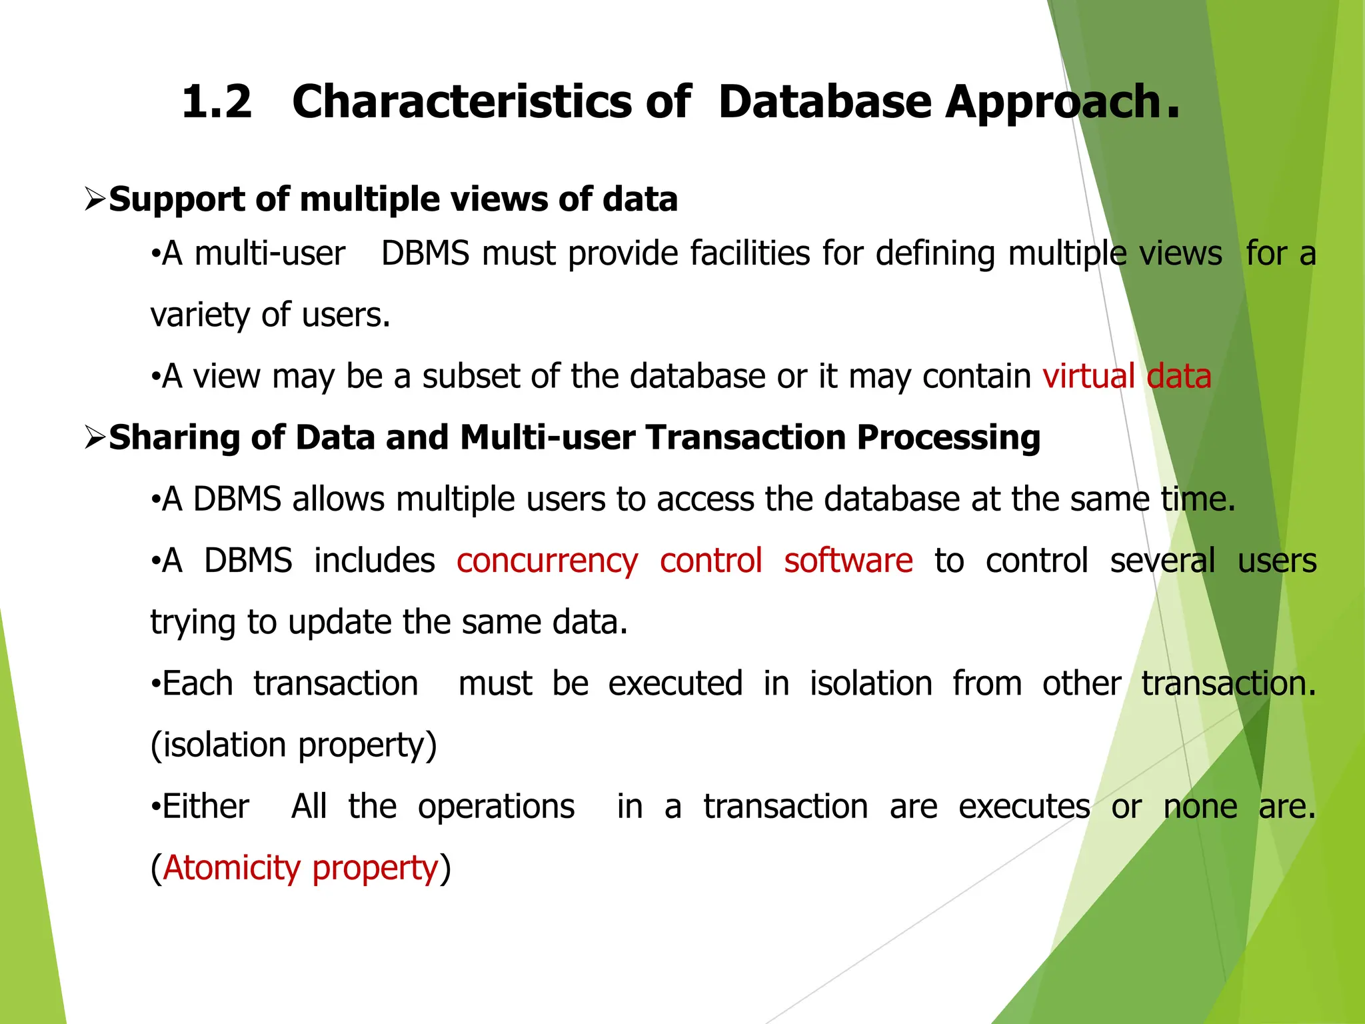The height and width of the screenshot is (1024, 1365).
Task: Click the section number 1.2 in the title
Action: (x=217, y=102)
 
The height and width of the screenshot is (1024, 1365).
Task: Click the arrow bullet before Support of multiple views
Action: (x=96, y=199)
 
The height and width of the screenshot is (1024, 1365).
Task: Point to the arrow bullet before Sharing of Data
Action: (x=96, y=437)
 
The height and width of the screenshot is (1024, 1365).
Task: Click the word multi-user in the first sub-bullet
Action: (x=269, y=254)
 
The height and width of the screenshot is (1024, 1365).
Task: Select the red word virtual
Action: (x=1088, y=376)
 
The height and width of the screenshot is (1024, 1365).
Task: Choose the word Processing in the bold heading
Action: (x=948, y=438)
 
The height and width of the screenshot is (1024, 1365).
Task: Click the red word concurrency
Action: (x=547, y=561)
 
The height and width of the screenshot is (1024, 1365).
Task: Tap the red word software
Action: (x=848, y=561)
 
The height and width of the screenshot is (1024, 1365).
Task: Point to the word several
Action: (x=1162, y=561)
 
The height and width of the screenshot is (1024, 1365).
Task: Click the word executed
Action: (x=675, y=684)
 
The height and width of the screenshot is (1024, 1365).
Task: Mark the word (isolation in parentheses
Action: (x=218, y=745)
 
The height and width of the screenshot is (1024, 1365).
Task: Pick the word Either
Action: (x=206, y=807)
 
